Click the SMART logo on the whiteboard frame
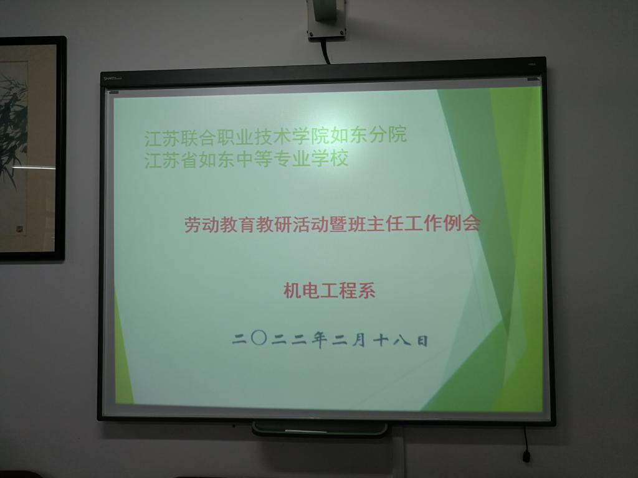113,78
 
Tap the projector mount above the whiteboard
326,21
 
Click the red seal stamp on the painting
19,229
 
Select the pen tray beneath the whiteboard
320,429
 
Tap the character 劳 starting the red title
193,225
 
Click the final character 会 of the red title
472,223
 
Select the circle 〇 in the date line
259,338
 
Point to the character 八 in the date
402,340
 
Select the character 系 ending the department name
366,291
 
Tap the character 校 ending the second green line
340,158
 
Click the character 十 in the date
381,340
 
